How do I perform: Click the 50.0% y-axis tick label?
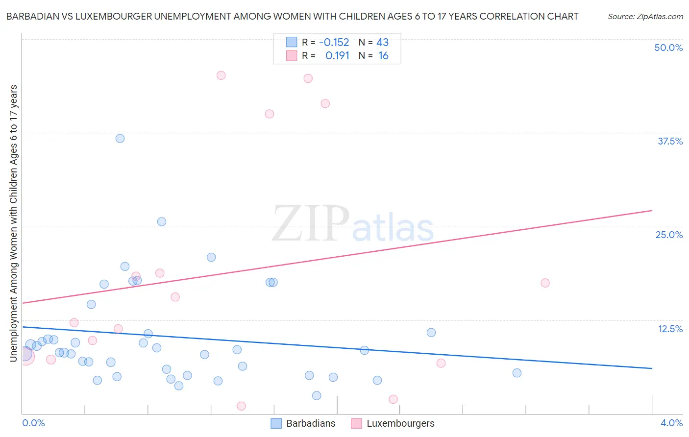(x=668, y=48)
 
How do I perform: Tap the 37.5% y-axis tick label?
(x=670, y=141)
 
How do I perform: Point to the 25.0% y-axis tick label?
(x=669, y=235)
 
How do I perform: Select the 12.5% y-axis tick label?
(x=670, y=329)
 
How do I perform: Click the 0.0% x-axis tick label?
(x=34, y=423)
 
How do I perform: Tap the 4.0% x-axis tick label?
(x=671, y=423)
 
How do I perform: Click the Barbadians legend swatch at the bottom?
(x=276, y=423)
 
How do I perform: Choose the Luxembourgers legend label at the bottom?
(x=400, y=423)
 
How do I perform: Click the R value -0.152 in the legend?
(x=334, y=42)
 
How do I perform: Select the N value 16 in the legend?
(x=383, y=56)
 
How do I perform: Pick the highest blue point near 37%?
(x=120, y=138)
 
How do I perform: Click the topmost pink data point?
(x=221, y=75)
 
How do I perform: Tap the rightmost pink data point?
(x=545, y=283)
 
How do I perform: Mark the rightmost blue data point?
(x=517, y=373)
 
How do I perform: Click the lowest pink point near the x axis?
(x=241, y=406)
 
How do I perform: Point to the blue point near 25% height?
(x=162, y=221)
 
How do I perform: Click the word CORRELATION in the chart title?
(x=512, y=16)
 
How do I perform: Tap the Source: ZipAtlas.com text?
(x=645, y=17)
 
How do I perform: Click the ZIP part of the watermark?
(x=310, y=224)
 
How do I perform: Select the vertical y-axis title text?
(x=13, y=223)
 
